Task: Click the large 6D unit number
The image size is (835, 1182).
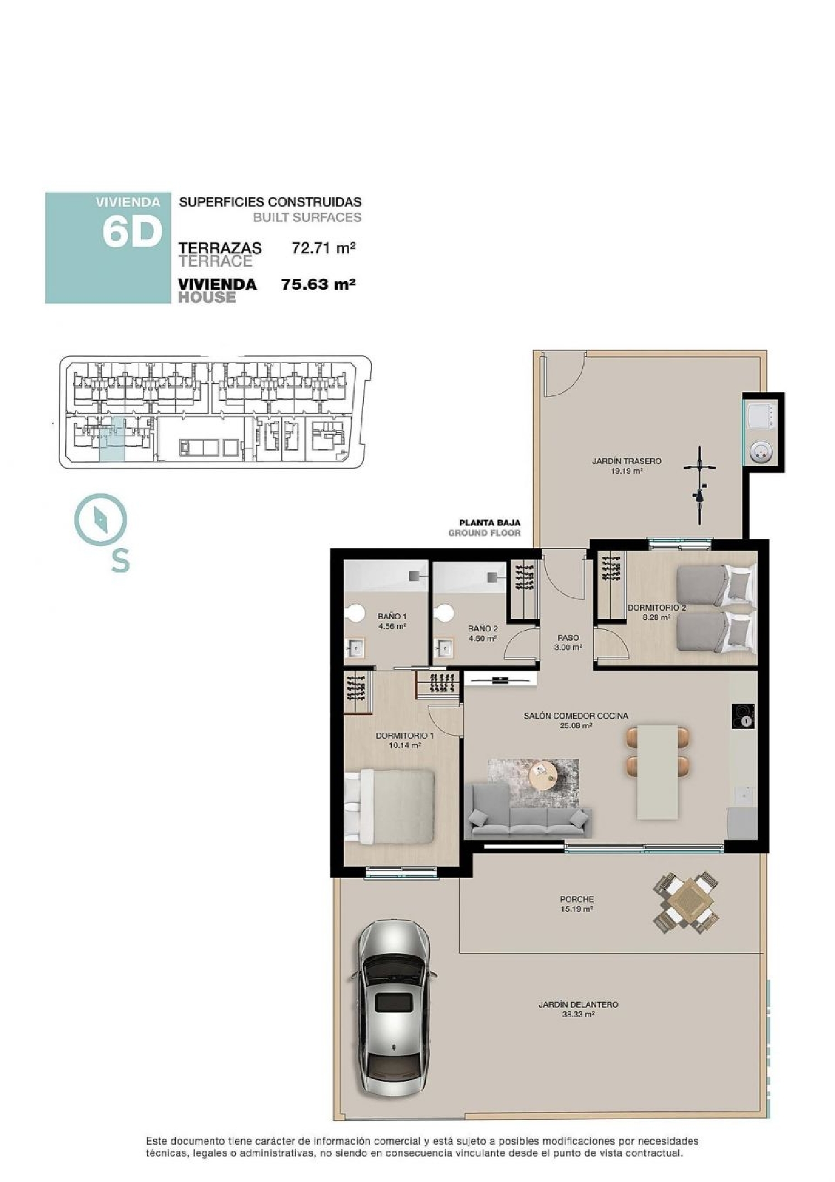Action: tap(131, 232)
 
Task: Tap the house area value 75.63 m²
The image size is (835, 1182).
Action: tap(318, 285)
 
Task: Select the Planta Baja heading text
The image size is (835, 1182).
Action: tap(489, 523)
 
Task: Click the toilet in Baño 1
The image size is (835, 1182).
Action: tap(352, 613)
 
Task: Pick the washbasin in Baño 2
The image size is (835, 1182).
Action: tap(445, 648)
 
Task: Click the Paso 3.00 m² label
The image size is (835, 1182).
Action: tap(568, 643)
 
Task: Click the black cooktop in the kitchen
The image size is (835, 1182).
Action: tap(743, 715)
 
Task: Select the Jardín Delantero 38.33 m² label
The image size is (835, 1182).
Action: tap(578, 1009)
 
